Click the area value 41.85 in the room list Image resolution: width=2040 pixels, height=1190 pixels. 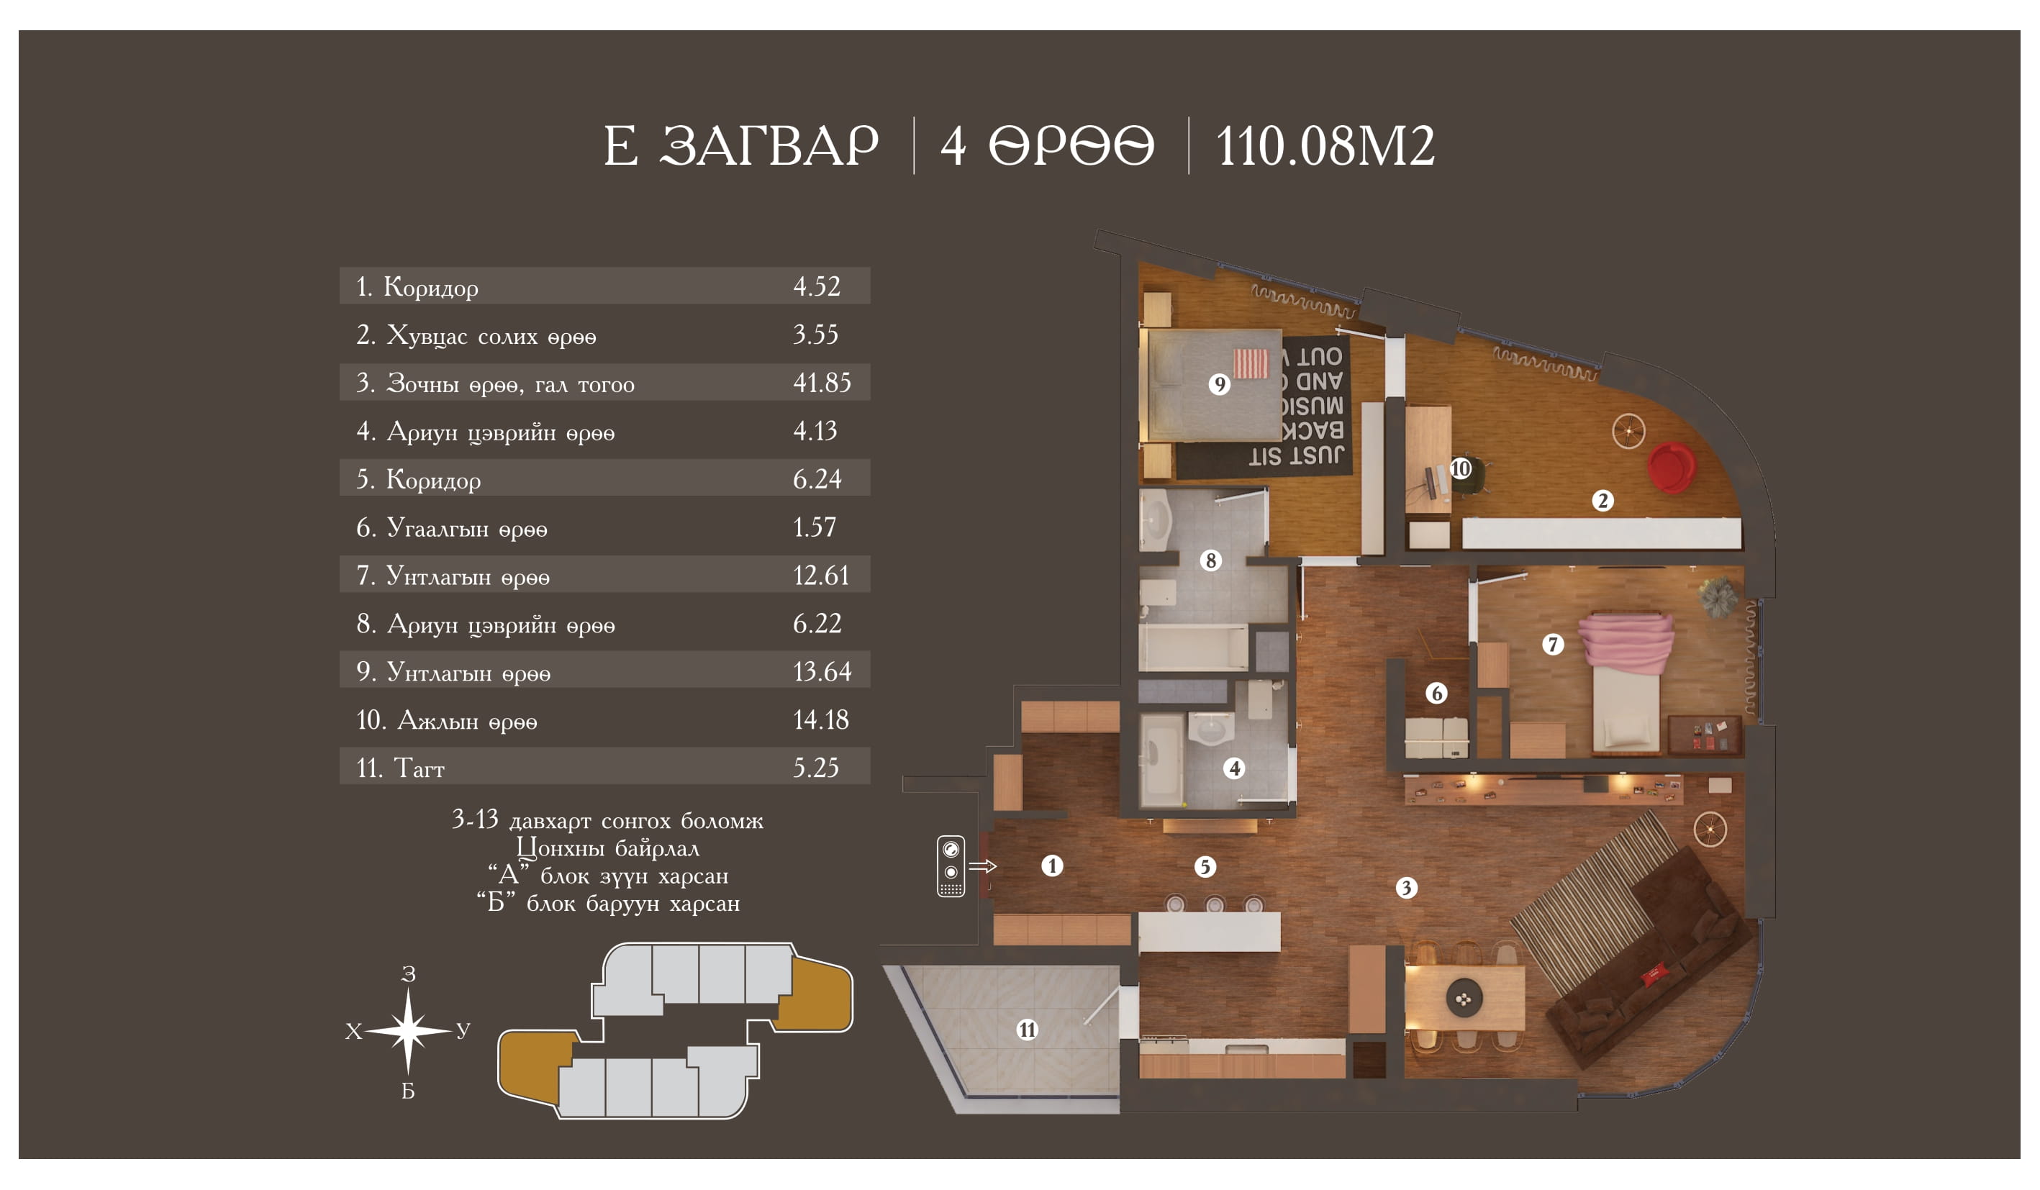tap(822, 382)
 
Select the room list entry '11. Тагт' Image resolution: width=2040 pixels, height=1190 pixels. tap(400, 768)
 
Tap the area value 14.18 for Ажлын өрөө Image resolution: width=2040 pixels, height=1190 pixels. tap(821, 719)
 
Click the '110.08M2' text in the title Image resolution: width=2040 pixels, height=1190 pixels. tap(1325, 147)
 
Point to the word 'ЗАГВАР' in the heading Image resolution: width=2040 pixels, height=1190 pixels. tap(769, 146)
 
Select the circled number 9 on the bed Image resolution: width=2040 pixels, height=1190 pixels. tap(1219, 383)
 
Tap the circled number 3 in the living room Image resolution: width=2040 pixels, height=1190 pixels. tap(1406, 888)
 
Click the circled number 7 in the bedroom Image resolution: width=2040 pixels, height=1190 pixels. tap(1553, 645)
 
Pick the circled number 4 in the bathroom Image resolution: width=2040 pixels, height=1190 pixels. tap(1233, 768)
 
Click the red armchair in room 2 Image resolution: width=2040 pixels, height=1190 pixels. tap(1671, 467)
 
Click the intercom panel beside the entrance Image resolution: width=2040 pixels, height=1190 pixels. tap(951, 866)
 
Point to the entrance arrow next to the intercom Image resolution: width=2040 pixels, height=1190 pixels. tap(982, 866)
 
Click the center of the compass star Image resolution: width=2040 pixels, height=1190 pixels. tap(408, 1030)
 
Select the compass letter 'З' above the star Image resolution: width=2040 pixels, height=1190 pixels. tap(409, 975)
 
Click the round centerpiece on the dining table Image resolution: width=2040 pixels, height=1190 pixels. tap(1464, 999)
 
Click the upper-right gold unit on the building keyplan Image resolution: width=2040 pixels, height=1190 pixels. tap(816, 994)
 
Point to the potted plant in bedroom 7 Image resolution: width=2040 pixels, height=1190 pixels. tap(1718, 596)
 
